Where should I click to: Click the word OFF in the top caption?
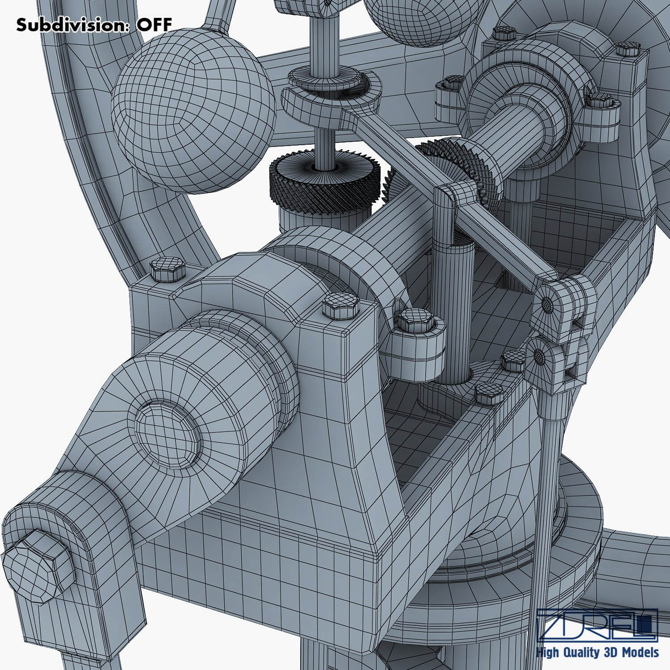(154, 25)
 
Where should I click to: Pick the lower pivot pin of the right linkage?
(539, 356)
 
